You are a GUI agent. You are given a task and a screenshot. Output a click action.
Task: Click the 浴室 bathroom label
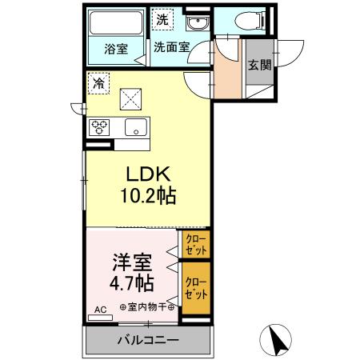point(115,48)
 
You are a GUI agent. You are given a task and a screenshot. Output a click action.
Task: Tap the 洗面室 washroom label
point(171,47)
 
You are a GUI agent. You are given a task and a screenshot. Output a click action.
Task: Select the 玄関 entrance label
point(258,66)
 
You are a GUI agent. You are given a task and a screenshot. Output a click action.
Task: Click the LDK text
point(150,174)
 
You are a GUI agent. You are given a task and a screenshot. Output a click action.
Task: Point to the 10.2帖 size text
point(150,195)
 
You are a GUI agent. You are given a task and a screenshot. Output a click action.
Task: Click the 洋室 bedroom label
point(129,262)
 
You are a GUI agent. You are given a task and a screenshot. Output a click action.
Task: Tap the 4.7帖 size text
point(129,282)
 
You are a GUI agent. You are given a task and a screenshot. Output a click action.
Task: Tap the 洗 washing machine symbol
point(163,18)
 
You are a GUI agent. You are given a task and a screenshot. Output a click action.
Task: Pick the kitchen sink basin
point(134,126)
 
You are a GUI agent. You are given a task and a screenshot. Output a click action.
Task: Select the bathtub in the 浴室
point(116,22)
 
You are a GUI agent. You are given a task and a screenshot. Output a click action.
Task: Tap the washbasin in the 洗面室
point(195,22)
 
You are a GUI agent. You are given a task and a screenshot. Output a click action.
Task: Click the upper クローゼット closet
point(194,243)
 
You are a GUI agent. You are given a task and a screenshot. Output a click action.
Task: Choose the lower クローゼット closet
point(194,287)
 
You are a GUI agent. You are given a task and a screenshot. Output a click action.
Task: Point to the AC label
point(101,309)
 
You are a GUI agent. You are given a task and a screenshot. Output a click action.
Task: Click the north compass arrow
point(278,342)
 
